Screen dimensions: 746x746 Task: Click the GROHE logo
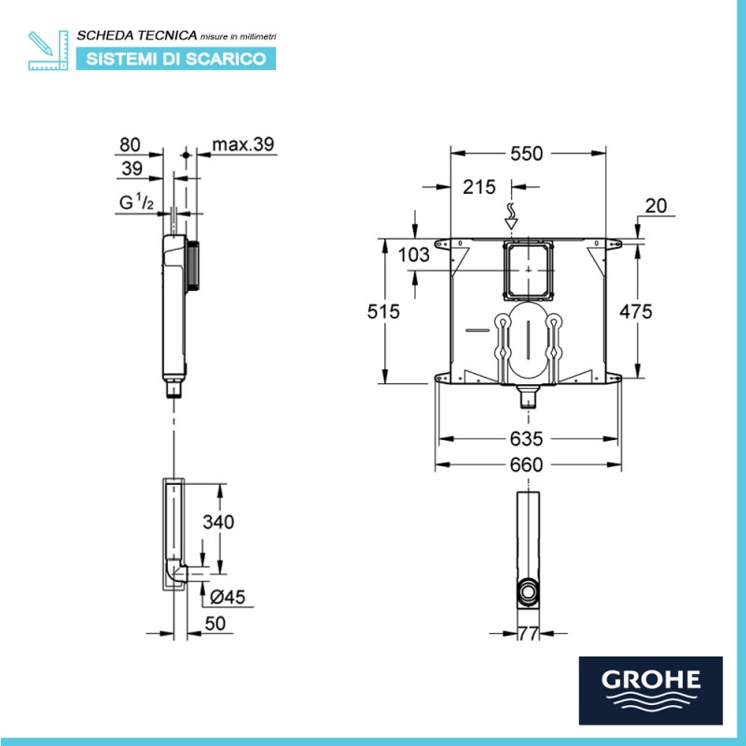(650, 690)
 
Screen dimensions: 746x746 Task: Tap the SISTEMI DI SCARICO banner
(176, 59)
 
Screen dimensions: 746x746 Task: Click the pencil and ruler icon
(48, 50)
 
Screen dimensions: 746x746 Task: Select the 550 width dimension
(526, 154)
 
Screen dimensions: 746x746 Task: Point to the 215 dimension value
(479, 187)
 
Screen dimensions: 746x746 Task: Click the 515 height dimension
(383, 311)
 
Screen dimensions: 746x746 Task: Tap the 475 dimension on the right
(636, 311)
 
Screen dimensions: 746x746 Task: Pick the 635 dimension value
(526, 438)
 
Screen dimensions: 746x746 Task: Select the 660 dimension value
(526, 464)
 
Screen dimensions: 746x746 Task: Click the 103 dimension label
(413, 255)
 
